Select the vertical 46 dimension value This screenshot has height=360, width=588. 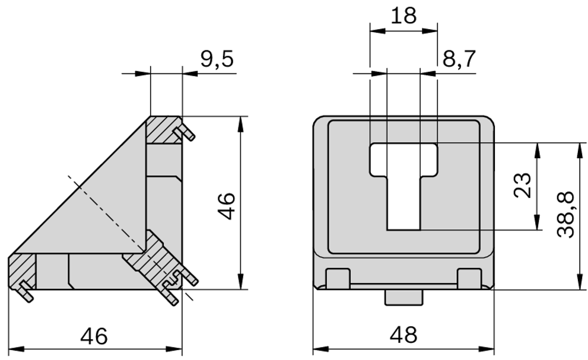click(x=227, y=205)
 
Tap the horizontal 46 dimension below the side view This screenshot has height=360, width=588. click(x=94, y=336)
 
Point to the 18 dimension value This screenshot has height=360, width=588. click(x=404, y=15)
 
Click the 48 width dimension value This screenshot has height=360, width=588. click(x=404, y=336)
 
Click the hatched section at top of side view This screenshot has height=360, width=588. click(x=164, y=130)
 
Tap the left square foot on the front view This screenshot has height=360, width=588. click(x=338, y=277)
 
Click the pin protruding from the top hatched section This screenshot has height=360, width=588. click(x=186, y=134)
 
